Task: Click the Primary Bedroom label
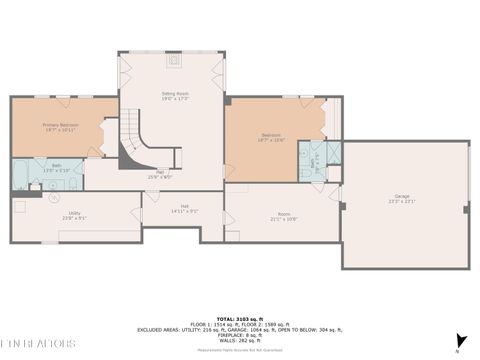click(x=60, y=127)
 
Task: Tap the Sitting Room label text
click(x=176, y=96)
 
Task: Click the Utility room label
click(x=74, y=214)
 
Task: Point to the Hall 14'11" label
click(x=184, y=210)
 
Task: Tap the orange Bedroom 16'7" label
click(x=271, y=137)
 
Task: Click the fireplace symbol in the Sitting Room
click(x=176, y=59)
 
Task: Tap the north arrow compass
click(x=461, y=342)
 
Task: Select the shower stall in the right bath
click(x=316, y=152)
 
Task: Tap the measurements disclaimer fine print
click(x=240, y=351)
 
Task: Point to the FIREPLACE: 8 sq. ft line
click(x=240, y=334)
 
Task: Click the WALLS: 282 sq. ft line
click(x=240, y=340)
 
